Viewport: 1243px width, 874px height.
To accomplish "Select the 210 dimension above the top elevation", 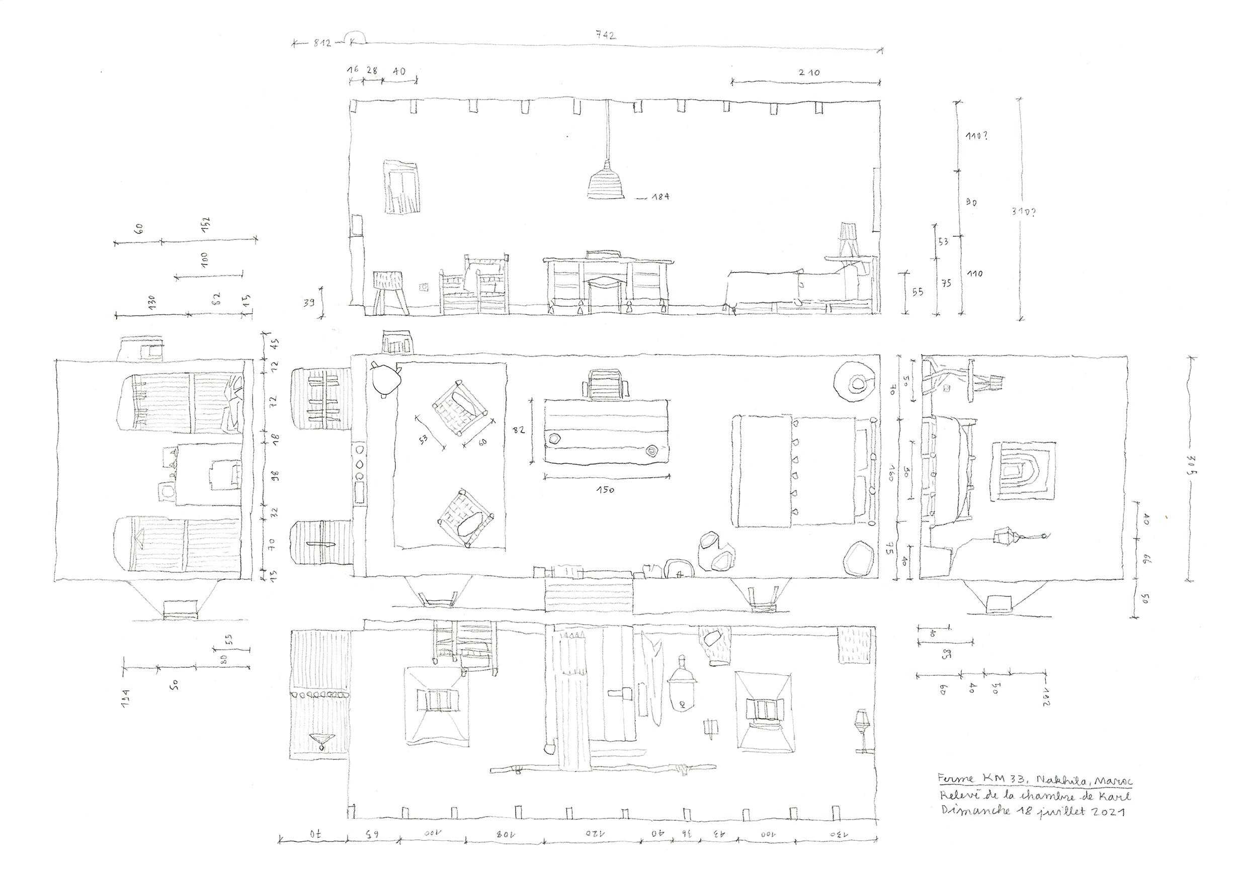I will (x=809, y=72).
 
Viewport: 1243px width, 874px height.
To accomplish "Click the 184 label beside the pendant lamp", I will (x=660, y=197).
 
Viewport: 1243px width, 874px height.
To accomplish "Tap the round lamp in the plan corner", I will (x=854, y=383).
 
